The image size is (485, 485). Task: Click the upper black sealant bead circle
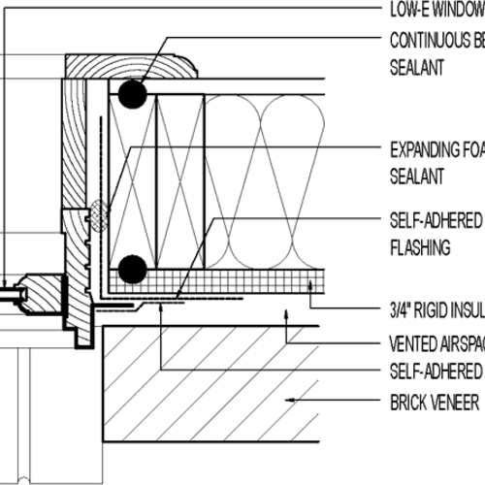click(132, 93)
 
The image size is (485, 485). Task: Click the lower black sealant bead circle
click(132, 267)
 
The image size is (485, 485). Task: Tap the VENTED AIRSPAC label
click(436, 344)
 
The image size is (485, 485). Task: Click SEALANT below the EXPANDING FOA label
click(417, 178)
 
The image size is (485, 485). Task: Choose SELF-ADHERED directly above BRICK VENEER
click(436, 371)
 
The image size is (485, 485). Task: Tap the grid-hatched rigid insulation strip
click(242, 283)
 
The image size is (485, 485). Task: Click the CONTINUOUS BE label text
click(436, 42)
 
